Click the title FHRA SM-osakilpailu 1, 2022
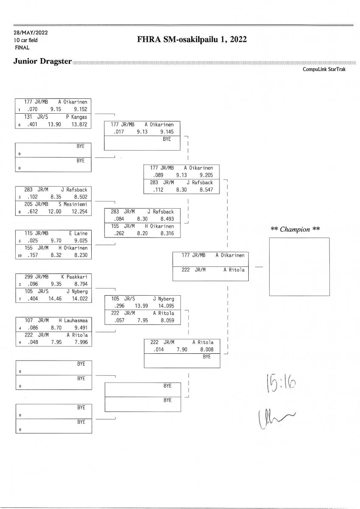pyautogui.click(x=192, y=39)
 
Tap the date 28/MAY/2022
pyautogui.click(x=31, y=33)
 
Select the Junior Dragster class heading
pyautogui.click(x=42, y=62)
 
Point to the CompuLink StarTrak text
pyautogui.click(x=324, y=69)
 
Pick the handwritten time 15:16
pyautogui.click(x=281, y=383)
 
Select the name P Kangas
pyautogui.click(x=76, y=117)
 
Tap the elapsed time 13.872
pyautogui.click(x=79, y=125)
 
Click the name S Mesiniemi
pyautogui.click(x=73, y=204)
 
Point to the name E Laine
pyautogui.click(x=78, y=233)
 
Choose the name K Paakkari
pyautogui.click(x=74, y=277)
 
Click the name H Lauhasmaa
pyautogui.click(x=73, y=321)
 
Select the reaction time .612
pyautogui.click(x=33, y=212)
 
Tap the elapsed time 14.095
pyautogui.click(x=166, y=306)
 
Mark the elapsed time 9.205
pyautogui.click(x=206, y=175)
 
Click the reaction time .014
pyautogui.click(x=158, y=350)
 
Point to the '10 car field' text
pyautogui.click(x=26, y=40)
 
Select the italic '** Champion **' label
pyautogui.click(x=295, y=229)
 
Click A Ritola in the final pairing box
pyautogui.click(x=234, y=270)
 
